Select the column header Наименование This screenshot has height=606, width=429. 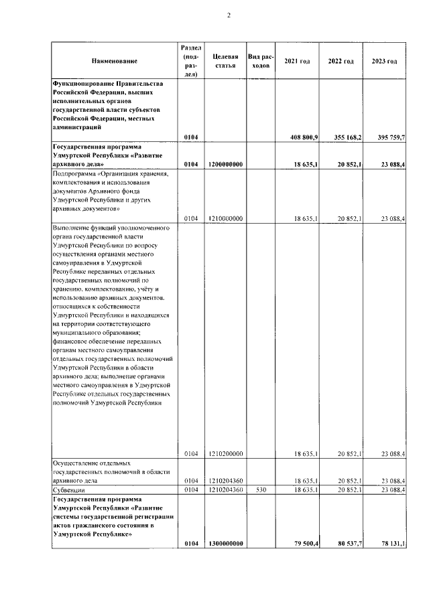coord(115,62)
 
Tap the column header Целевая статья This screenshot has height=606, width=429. coord(224,62)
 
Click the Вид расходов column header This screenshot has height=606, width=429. coord(261,62)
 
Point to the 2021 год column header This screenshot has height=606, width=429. coord(297,62)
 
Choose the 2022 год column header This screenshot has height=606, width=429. coord(341,62)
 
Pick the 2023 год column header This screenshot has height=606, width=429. coord(384,62)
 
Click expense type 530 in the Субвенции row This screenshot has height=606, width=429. coord(261,490)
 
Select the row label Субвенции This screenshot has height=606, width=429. coord(66,490)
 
